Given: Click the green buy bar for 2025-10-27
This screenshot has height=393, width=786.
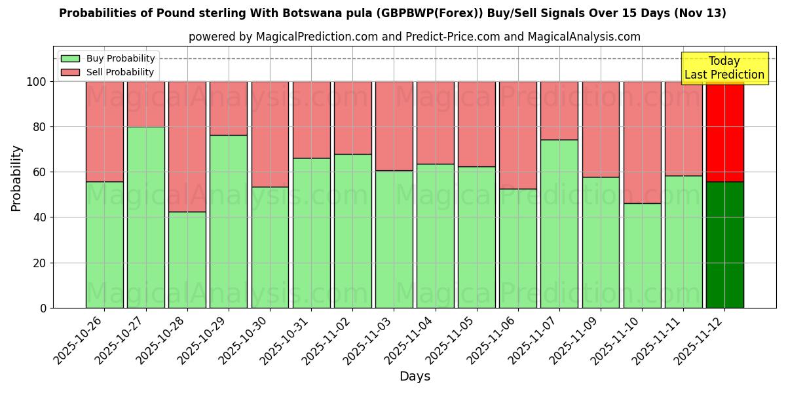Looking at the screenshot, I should click(x=145, y=217).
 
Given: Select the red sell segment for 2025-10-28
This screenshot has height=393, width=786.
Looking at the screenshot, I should click(x=187, y=146).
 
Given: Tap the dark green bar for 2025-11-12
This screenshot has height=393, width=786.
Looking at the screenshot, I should click(x=724, y=244).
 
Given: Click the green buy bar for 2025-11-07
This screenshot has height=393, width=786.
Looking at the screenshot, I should click(x=559, y=223).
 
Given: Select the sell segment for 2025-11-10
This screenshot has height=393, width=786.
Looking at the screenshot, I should click(x=642, y=142).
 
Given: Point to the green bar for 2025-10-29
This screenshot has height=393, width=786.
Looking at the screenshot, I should click(x=229, y=221).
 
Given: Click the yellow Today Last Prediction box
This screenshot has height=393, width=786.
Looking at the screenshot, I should click(x=724, y=68).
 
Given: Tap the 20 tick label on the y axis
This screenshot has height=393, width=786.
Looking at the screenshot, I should click(x=41, y=263).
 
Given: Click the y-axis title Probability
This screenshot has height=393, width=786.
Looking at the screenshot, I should click(x=16, y=178).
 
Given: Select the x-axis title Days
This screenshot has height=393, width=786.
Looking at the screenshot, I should click(x=415, y=377).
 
